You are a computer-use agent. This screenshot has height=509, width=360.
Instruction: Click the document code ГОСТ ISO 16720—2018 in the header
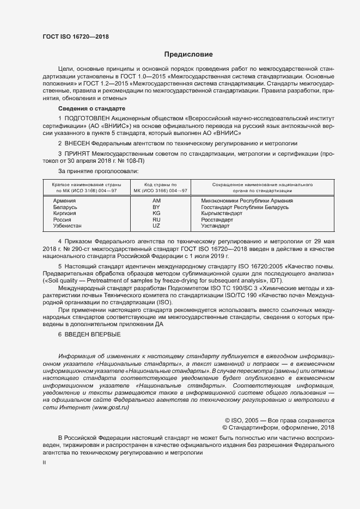(x=75, y=36)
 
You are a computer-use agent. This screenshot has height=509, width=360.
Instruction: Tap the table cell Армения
(x=64, y=201)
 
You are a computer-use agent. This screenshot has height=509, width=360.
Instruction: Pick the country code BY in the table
(x=156, y=207)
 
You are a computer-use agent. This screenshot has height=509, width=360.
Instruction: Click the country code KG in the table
(x=156, y=213)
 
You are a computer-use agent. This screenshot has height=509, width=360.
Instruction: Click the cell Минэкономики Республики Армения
(x=247, y=201)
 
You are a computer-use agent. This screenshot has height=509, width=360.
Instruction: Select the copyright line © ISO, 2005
(x=279, y=420)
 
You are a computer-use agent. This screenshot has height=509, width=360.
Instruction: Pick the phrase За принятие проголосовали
(x=94, y=171)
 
